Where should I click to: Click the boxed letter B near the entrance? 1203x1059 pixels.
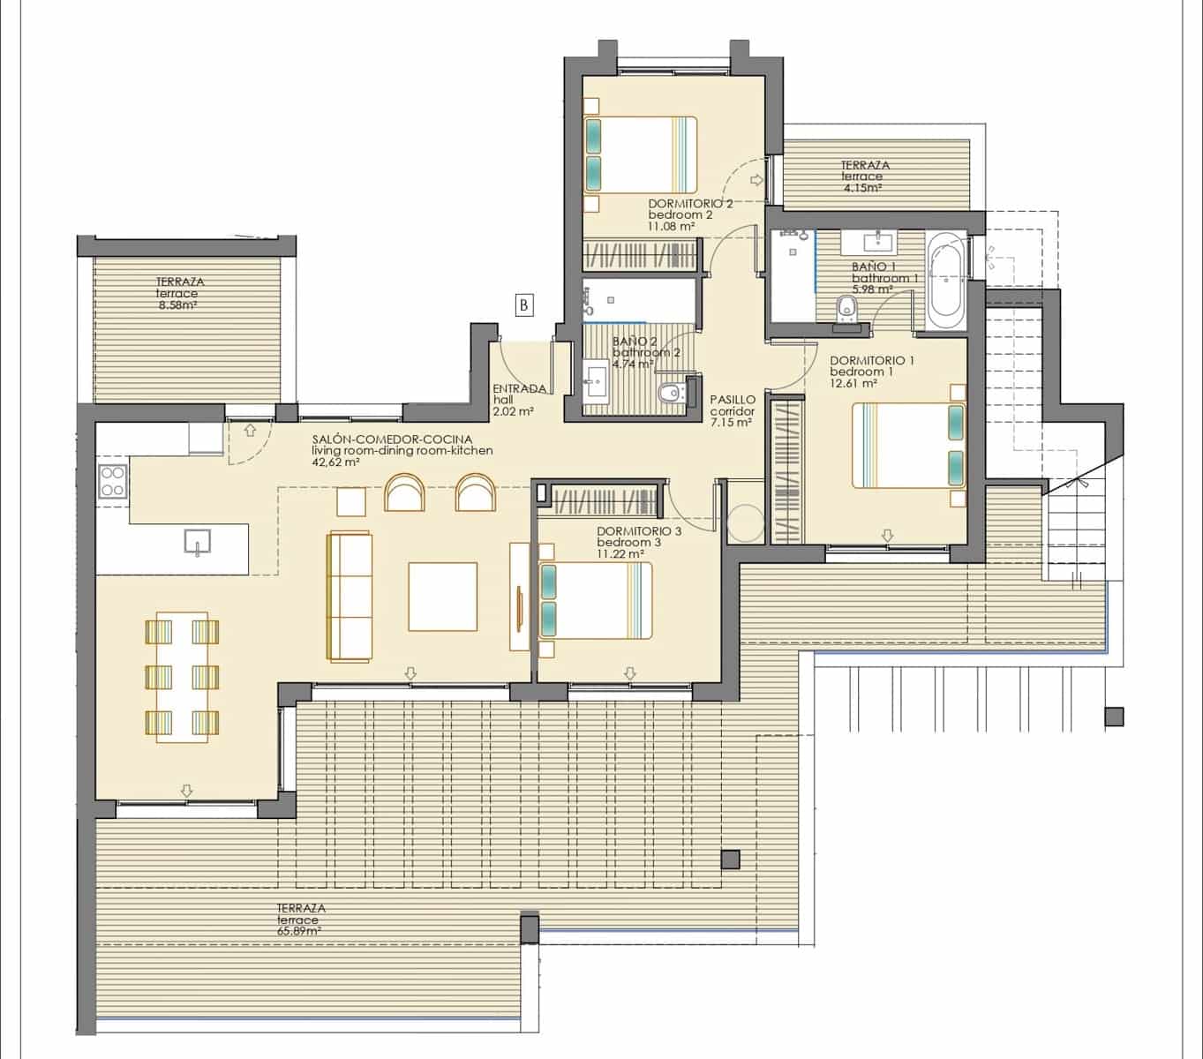[523, 305]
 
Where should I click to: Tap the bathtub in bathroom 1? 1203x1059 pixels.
[946, 281]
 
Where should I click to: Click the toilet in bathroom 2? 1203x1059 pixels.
[673, 393]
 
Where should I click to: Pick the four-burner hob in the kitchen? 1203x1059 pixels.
[113, 481]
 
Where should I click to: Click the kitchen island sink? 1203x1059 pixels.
[197, 542]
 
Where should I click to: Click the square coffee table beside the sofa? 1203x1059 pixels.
[443, 597]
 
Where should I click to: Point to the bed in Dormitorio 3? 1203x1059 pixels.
[596, 601]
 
